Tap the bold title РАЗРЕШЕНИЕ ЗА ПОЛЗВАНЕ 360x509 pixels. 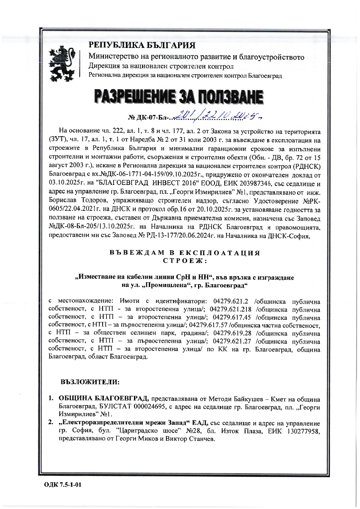[x=180, y=98]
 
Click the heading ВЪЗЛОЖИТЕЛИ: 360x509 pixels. [x=90, y=381]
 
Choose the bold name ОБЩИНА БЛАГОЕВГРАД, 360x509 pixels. [x=103, y=399]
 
